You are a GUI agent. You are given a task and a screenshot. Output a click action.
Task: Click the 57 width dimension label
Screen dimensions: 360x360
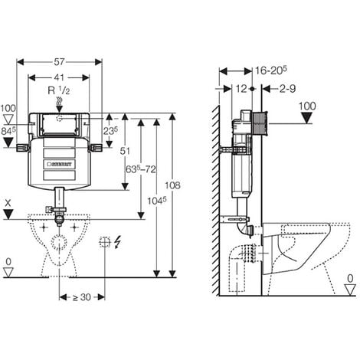coord(59,62)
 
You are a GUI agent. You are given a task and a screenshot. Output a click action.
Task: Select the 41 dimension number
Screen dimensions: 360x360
coord(59,77)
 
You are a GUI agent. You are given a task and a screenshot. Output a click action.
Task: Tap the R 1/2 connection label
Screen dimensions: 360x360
coord(59,90)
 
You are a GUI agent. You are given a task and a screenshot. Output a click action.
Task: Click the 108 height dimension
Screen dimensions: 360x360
coord(172,185)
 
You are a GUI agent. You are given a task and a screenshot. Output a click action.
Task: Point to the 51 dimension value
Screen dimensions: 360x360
coord(125,151)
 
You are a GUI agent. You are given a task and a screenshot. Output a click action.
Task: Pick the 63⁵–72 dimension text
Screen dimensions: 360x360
coord(141,169)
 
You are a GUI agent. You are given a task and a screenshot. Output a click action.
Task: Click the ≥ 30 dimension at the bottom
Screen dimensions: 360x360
coord(82,297)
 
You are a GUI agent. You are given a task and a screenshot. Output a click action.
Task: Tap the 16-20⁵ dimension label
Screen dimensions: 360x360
coord(271,70)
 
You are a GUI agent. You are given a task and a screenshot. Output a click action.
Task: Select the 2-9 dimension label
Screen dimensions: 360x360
coord(287,89)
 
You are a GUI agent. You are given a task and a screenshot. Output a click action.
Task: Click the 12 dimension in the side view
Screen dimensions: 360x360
coord(241,89)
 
